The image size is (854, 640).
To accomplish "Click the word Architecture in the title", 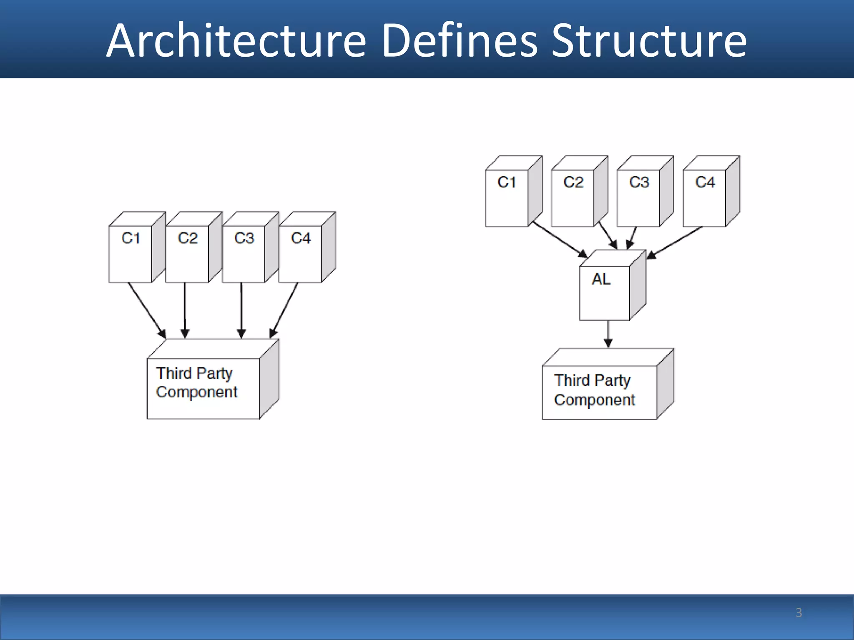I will point(236,41).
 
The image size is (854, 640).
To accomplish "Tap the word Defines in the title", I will point(460,41).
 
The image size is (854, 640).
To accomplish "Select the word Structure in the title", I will point(649,41).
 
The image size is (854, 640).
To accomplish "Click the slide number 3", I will point(799,612).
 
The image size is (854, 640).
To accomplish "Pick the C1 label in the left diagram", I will point(131,238).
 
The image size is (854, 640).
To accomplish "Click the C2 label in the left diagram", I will point(187,238).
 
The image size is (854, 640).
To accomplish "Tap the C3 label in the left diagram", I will point(244,238).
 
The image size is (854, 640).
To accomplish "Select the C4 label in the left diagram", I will point(301,238).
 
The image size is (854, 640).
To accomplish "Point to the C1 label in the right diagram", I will point(507,182).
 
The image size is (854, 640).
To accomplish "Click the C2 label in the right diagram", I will point(573,182).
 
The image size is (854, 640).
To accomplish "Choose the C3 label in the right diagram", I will point(639,182).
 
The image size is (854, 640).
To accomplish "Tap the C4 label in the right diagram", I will point(705,182).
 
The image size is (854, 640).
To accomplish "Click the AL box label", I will point(601,279).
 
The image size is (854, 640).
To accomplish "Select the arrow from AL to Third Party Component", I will point(608,333).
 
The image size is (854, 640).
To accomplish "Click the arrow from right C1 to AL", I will point(559,239).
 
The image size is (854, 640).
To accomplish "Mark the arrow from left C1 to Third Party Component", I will point(146,310).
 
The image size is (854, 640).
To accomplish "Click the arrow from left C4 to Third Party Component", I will point(284,310).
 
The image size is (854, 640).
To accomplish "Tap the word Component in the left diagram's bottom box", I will point(196,392).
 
